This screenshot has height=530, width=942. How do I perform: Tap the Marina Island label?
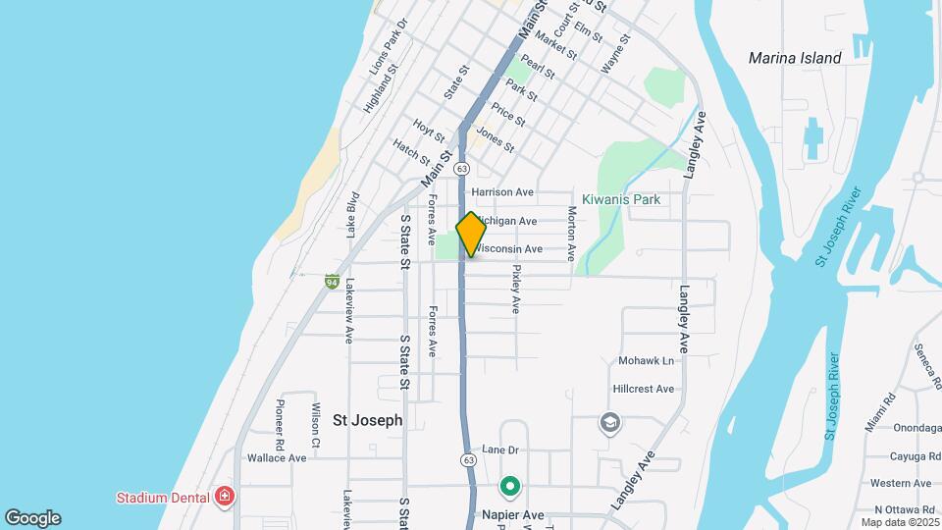click(x=795, y=58)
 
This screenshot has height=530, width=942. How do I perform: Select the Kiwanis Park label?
click(x=620, y=199)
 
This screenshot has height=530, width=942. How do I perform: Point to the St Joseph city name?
click(x=368, y=420)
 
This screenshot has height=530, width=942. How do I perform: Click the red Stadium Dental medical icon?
click(x=226, y=496)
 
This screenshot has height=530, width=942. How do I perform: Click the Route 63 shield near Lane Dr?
click(x=469, y=459)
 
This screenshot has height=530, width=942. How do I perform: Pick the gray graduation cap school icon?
click(x=609, y=423)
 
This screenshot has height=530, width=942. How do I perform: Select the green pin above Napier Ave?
click(x=510, y=486)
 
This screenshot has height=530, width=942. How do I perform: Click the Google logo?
click(x=32, y=518)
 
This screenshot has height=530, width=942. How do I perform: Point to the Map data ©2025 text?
click(x=899, y=522)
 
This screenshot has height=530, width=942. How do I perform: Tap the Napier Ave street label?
click(x=513, y=514)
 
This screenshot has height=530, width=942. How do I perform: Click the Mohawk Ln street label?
click(x=646, y=361)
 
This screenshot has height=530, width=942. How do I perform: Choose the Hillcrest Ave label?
click(x=643, y=389)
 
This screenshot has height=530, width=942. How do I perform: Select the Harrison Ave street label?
click(x=502, y=192)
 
